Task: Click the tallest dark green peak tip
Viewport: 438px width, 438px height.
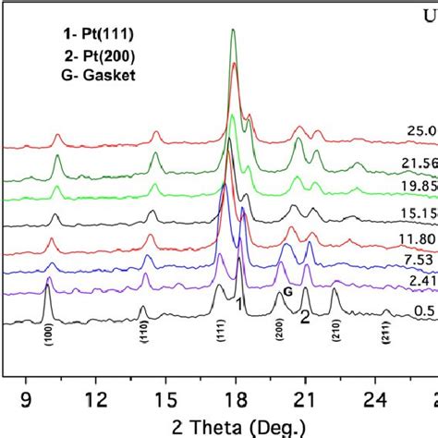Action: [x=233, y=30]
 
